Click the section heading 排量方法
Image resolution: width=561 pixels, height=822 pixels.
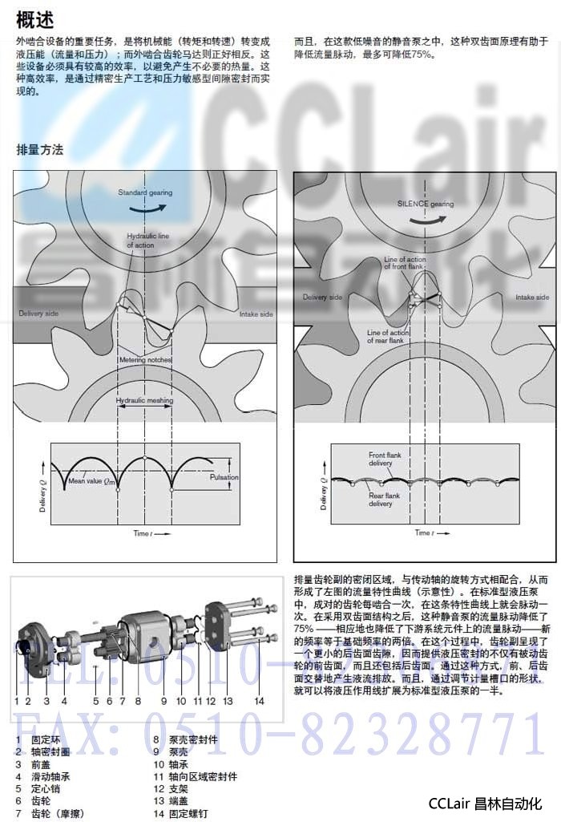click(x=39, y=150)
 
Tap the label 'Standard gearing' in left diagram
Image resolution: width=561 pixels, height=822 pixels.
click(x=145, y=193)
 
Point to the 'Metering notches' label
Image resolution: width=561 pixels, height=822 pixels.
click(x=145, y=360)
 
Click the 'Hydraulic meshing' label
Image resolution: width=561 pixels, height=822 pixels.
click(x=144, y=399)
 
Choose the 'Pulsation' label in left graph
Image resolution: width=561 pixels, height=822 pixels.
click(x=224, y=477)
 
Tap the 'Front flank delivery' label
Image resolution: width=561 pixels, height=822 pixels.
click(x=385, y=460)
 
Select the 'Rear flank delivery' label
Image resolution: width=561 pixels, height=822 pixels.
click(x=385, y=500)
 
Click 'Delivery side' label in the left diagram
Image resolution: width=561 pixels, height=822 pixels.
click(x=38, y=314)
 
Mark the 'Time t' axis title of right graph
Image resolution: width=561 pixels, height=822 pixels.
click(x=422, y=532)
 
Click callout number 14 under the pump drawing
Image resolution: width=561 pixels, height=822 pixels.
click(x=259, y=700)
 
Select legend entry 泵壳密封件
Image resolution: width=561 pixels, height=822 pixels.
click(x=192, y=739)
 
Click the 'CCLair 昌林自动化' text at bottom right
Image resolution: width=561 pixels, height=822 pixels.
click(x=486, y=803)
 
